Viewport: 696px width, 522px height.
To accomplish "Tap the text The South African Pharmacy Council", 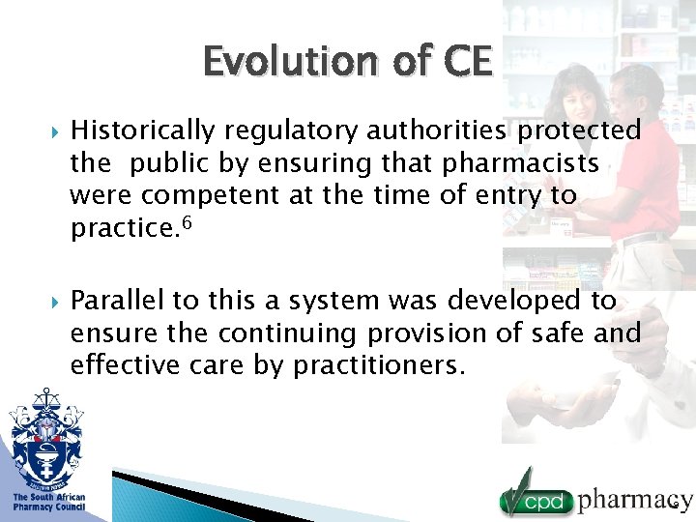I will [x=48, y=503].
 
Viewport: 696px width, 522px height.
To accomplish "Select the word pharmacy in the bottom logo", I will [x=635, y=500].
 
